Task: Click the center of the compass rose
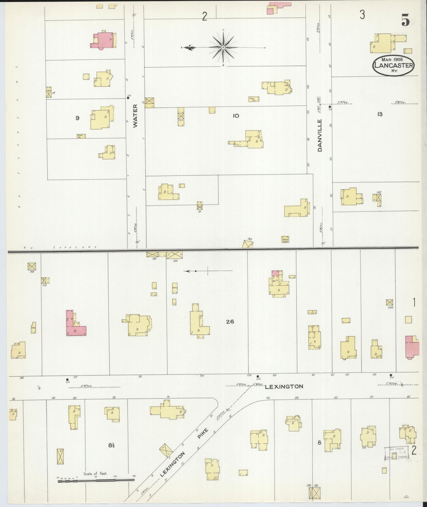point(223,47)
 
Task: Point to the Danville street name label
point(320,135)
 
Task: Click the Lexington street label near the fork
point(284,387)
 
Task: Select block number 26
point(230,322)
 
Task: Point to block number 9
point(77,118)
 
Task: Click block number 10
point(236,116)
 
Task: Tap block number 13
point(380,114)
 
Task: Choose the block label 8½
point(111,445)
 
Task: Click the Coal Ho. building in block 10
point(254,99)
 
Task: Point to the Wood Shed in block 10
point(285,239)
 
